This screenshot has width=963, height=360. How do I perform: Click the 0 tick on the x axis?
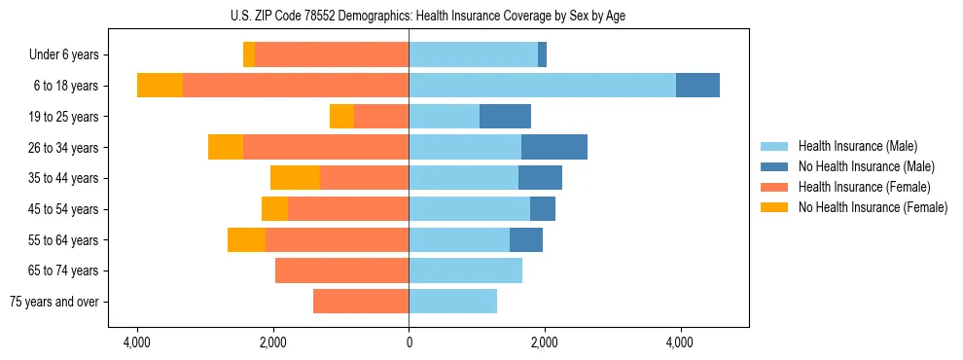409,342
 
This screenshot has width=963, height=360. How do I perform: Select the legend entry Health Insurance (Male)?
857,146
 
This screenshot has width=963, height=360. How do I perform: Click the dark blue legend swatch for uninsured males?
774,166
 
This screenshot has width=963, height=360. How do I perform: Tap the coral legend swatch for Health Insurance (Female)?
774,187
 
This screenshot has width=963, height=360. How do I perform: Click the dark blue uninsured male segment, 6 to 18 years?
697,86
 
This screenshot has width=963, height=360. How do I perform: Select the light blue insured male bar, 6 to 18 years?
542,86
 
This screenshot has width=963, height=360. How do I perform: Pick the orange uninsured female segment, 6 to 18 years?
160,86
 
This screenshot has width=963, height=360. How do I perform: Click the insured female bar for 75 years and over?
361,302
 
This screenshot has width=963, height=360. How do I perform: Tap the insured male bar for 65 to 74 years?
465,270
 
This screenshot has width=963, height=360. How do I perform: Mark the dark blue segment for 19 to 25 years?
505,117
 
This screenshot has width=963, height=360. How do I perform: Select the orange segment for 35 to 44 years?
295,178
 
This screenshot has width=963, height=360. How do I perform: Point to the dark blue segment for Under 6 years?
542,54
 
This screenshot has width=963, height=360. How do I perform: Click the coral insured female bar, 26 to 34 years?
326,147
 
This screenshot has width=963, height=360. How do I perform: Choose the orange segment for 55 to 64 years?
246,239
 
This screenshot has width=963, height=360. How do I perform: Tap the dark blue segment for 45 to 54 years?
543,209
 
